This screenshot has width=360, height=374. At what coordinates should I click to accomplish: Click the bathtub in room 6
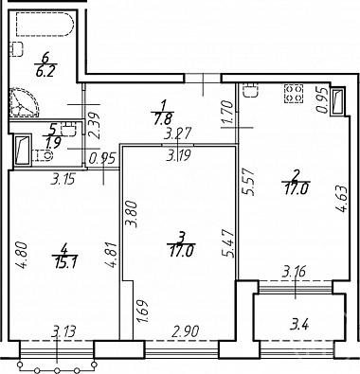tap(45, 25)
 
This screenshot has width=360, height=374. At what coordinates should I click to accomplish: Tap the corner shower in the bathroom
tap(24, 102)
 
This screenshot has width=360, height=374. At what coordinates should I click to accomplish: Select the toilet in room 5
tap(43, 155)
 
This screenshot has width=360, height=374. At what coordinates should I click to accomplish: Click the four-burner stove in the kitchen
tap(295, 94)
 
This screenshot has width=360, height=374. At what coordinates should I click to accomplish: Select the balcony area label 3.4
tap(298, 325)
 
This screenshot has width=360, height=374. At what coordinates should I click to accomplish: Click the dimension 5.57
tap(247, 182)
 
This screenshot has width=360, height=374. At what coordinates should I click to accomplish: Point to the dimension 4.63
tap(343, 199)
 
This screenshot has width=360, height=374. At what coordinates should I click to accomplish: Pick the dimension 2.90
tap(185, 331)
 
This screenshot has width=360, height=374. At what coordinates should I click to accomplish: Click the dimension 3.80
tap(132, 215)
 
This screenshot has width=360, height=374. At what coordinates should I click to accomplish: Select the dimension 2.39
tap(94, 125)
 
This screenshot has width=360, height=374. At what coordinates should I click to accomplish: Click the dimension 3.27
tap(177, 134)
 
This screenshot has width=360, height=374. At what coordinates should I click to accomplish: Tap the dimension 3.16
tap(293, 272)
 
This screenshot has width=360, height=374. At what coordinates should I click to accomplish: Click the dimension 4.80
tap(22, 255)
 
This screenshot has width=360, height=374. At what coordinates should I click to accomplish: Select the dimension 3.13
tap(64, 332)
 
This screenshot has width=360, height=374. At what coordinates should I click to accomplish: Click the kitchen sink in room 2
tap(251, 91)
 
